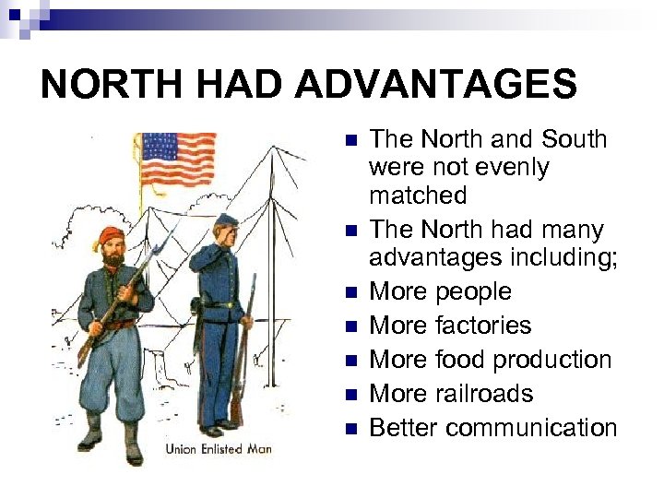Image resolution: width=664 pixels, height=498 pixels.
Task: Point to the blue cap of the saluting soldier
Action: (x=226, y=220)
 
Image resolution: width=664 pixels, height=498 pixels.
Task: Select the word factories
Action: (x=483, y=326)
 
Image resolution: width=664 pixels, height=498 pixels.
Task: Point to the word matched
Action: (x=418, y=196)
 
